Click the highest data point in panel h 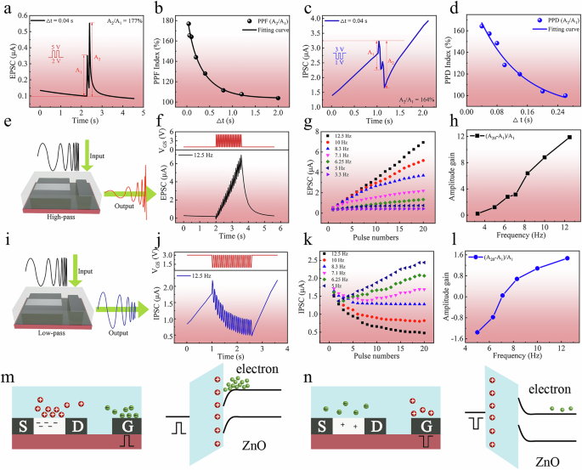569,138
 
